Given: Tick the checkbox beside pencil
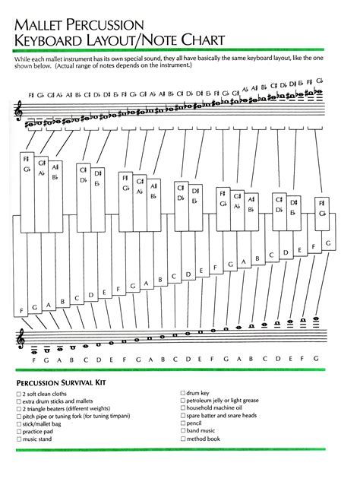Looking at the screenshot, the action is (183, 423).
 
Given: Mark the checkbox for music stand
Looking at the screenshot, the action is (18, 439).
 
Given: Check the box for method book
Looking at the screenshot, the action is (183, 439).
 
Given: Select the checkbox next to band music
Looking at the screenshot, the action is (183, 431).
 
